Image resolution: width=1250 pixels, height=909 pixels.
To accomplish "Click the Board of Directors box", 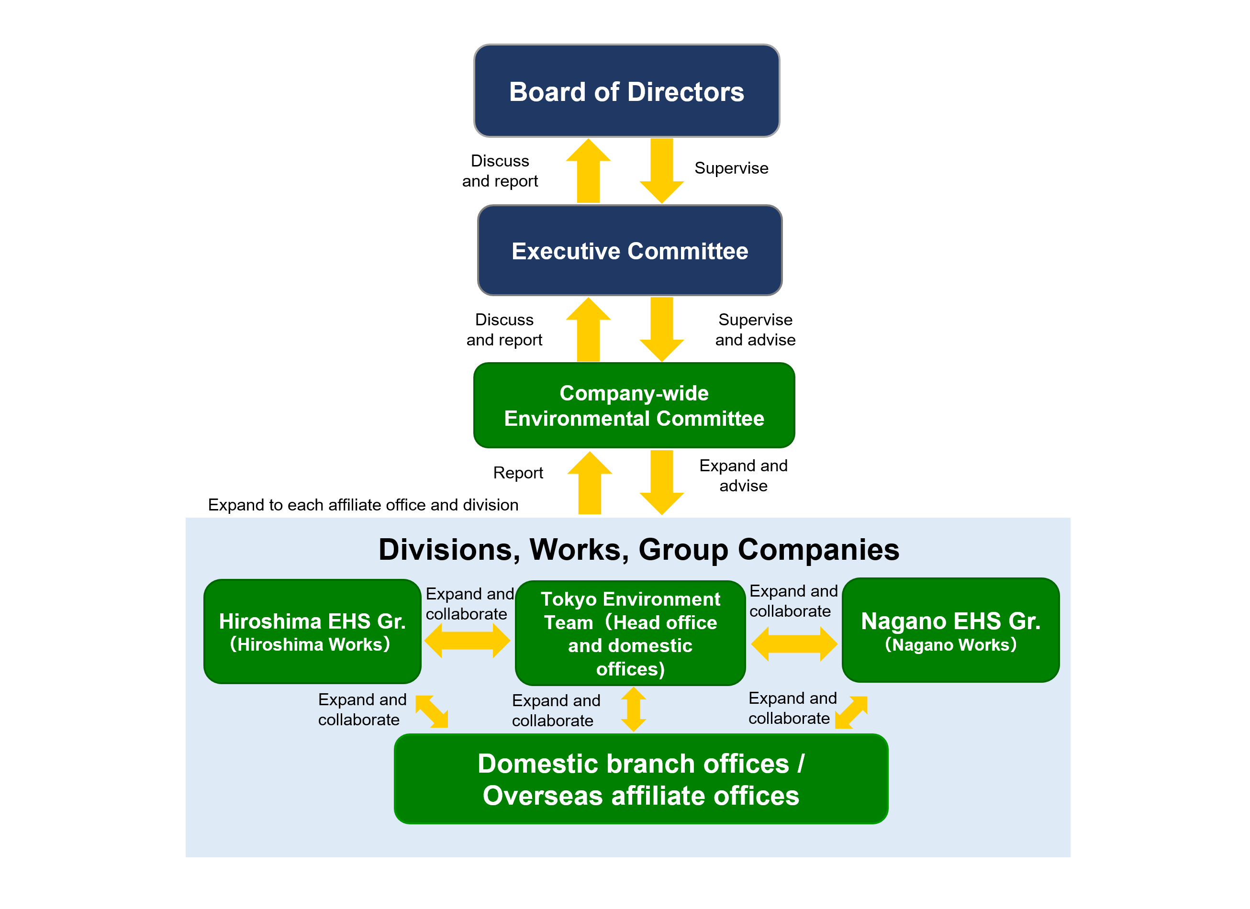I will pos(626,91).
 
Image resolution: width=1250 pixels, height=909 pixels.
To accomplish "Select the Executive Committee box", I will pos(629,251).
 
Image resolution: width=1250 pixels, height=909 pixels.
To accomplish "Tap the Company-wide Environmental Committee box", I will pos(634,406).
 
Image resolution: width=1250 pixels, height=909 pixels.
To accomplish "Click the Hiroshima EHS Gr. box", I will pos(312,632).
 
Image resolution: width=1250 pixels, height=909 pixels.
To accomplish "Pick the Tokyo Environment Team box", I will pos(630,633).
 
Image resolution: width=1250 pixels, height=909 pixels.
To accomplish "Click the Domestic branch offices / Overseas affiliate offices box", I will pos(640,778).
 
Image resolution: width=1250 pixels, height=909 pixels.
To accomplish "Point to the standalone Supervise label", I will pos(731,168).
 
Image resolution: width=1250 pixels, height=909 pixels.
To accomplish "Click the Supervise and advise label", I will pos(755,330).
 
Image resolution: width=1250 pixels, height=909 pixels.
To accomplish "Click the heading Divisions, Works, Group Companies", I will pos(638,549).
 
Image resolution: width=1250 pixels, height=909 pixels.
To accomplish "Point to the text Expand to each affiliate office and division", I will pos(363,505).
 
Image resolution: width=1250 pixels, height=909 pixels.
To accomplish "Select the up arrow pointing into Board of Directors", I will pos(588,171).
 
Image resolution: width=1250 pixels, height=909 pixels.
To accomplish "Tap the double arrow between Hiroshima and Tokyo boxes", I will pos(467,641).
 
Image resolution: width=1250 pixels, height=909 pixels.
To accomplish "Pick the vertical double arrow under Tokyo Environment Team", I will pos(633,709).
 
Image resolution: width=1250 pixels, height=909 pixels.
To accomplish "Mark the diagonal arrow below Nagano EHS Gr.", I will pos(851,712).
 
